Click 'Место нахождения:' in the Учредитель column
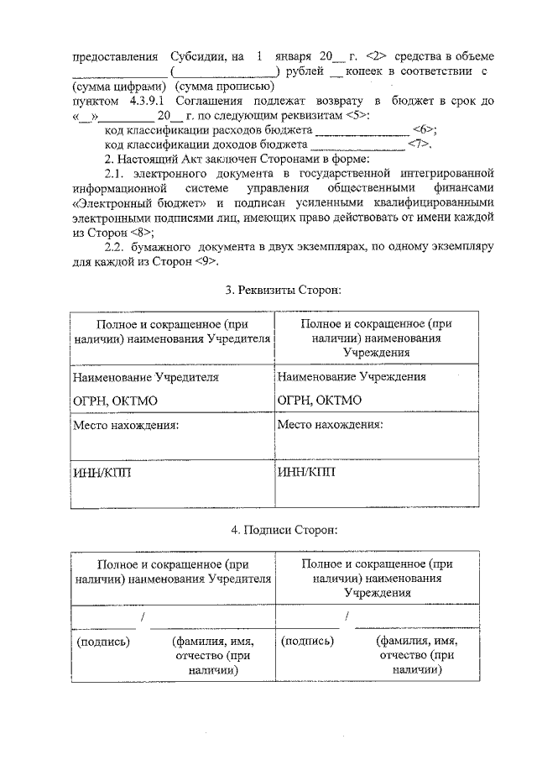pyautogui.click(x=126, y=425)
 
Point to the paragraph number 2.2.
pyautogui.click(x=114, y=247)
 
